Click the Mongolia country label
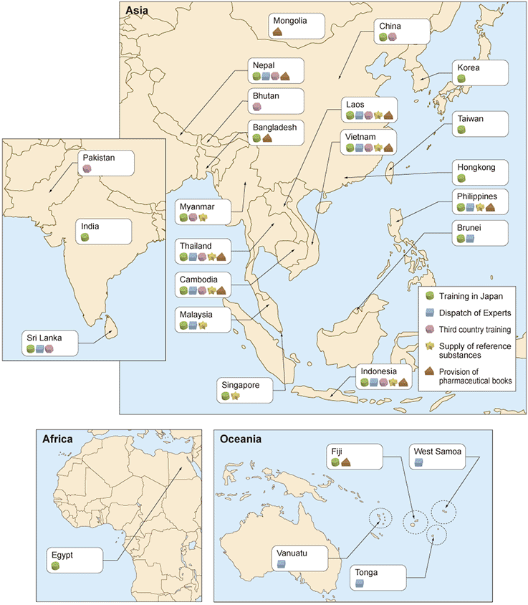coord(290,21)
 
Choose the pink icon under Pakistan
coord(87,168)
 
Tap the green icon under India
coord(85,237)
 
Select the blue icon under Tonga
coord(360,583)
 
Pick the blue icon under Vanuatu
coord(282,564)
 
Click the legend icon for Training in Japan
coord(430,295)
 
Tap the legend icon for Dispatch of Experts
coord(430,312)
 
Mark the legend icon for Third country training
coord(430,329)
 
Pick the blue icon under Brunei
coord(469,239)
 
